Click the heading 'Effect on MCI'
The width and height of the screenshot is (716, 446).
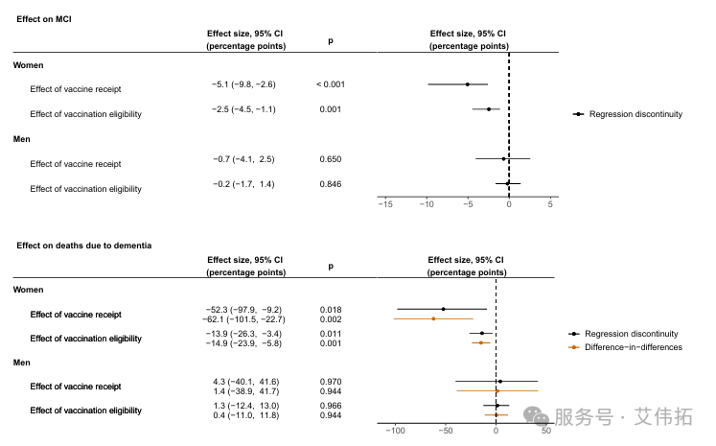[43, 19]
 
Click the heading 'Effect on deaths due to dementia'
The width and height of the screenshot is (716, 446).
[83, 246]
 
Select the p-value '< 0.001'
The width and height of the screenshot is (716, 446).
[330, 84]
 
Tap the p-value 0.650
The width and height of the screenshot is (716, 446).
[330, 159]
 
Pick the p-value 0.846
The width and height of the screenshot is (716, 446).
[330, 184]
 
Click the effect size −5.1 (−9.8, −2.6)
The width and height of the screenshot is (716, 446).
[243, 84]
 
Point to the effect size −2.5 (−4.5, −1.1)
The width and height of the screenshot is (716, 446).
[243, 109]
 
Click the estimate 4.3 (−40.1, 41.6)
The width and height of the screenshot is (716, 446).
[244, 382]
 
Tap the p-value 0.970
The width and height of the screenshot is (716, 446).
[330, 382]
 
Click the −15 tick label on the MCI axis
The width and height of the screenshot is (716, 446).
[385, 204]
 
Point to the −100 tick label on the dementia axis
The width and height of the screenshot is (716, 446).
[394, 431]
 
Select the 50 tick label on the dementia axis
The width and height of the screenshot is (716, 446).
[545, 431]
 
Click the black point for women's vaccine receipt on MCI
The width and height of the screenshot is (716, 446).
[468, 84]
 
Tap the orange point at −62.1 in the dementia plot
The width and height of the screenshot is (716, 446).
[433, 318]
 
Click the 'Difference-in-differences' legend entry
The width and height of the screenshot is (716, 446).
[633, 347]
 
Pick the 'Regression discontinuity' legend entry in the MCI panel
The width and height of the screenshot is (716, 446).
[635, 114]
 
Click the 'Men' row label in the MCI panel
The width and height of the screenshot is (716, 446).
[22, 140]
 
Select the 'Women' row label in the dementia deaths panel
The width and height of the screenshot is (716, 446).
[29, 290]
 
